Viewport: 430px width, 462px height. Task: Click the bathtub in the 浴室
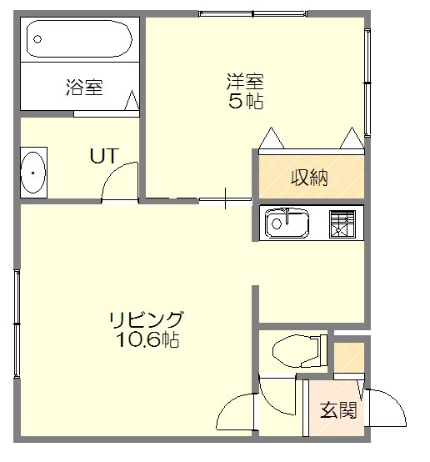tap(78, 38)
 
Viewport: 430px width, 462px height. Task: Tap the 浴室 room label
tap(84, 87)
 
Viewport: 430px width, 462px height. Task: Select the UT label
tap(104, 155)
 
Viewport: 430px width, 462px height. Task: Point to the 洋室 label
tap(245, 82)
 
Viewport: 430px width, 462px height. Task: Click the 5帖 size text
tap(245, 102)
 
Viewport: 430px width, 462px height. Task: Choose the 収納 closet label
tap(308, 177)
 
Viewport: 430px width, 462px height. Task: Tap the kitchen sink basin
tap(286, 223)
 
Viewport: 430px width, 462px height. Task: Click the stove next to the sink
tap(343, 223)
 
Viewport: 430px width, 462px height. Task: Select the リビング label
tap(146, 319)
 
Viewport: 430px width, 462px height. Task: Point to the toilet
tap(297, 349)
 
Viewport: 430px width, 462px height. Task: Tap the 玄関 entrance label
tap(338, 410)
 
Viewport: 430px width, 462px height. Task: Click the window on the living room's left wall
tap(16, 321)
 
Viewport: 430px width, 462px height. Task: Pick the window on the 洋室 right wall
tap(367, 79)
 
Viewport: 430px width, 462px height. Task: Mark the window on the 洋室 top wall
tap(255, 13)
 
